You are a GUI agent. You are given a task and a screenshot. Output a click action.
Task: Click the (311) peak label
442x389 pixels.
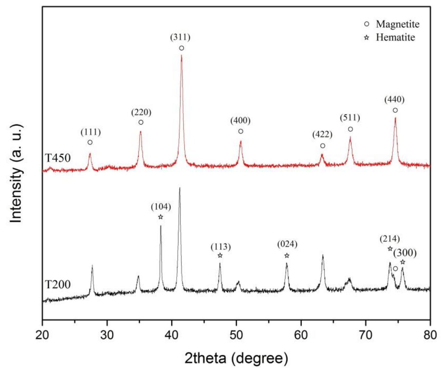point(180,37)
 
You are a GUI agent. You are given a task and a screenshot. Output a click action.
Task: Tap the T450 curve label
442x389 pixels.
point(58,158)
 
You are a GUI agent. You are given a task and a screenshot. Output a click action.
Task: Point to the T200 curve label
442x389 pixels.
point(58,285)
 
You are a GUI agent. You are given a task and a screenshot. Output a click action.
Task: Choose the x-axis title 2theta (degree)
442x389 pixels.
point(236,358)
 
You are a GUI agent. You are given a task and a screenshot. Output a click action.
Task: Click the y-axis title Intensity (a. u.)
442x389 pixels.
point(16,173)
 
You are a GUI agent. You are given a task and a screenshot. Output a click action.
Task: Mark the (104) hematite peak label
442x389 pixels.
point(161,207)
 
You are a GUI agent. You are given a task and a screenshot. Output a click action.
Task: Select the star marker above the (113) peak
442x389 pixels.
point(220,255)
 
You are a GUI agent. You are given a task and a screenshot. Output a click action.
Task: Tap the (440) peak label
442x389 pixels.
point(394,100)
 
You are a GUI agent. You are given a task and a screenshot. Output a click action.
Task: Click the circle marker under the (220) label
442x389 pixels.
point(141,122)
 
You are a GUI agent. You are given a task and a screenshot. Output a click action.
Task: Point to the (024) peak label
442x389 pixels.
point(287,244)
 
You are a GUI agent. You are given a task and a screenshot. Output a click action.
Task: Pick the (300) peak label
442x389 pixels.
point(405,253)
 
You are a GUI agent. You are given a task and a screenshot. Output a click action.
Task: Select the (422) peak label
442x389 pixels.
point(322,134)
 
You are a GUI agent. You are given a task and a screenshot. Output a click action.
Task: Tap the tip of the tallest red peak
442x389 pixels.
point(182,56)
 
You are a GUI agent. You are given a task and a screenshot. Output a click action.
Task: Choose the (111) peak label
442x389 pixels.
point(90,132)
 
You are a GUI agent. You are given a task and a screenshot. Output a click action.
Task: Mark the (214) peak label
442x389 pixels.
point(389,239)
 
